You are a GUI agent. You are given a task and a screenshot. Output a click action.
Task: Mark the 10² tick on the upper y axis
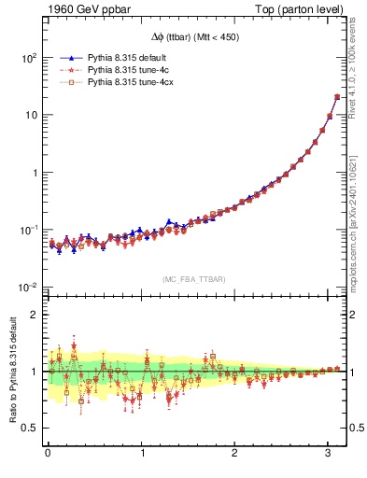pyautogui.click(x=30, y=57)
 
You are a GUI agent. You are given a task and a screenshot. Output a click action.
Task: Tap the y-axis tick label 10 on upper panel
pyautogui.click(x=32, y=115)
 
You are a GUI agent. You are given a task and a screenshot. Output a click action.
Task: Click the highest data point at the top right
pyautogui.click(x=336, y=97)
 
